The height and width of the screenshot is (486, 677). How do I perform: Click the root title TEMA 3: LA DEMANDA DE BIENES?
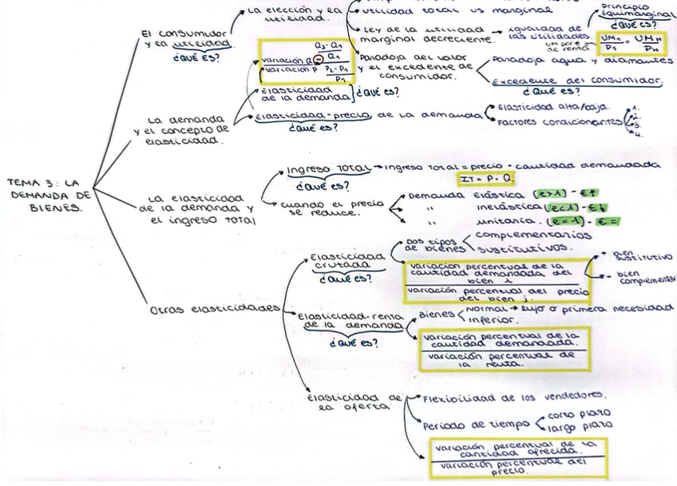(49, 195)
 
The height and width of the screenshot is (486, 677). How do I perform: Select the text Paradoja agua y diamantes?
(582, 60)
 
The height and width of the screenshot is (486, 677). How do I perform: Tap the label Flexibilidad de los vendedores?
(513, 397)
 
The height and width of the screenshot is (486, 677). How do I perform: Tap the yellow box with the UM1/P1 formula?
(633, 44)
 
